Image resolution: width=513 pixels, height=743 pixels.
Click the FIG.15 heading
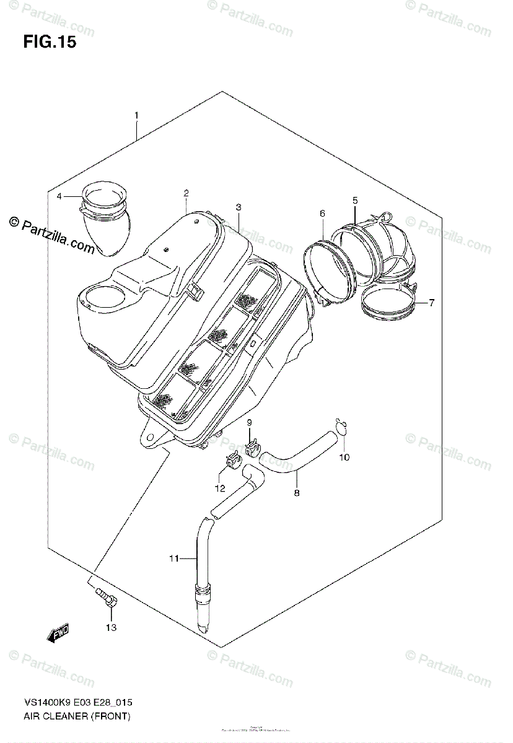pyautogui.click(x=50, y=43)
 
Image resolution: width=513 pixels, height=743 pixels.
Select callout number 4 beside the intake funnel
pyautogui.click(x=59, y=197)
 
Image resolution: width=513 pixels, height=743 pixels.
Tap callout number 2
pyautogui.click(x=186, y=194)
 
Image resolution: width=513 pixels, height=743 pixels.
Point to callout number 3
pyautogui.click(x=238, y=207)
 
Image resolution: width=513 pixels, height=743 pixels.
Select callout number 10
pyautogui.click(x=344, y=458)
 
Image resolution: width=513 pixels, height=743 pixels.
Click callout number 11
pyautogui.click(x=174, y=558)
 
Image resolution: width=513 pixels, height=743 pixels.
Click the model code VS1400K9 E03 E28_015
pyautogui.click(x=79, y=703)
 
